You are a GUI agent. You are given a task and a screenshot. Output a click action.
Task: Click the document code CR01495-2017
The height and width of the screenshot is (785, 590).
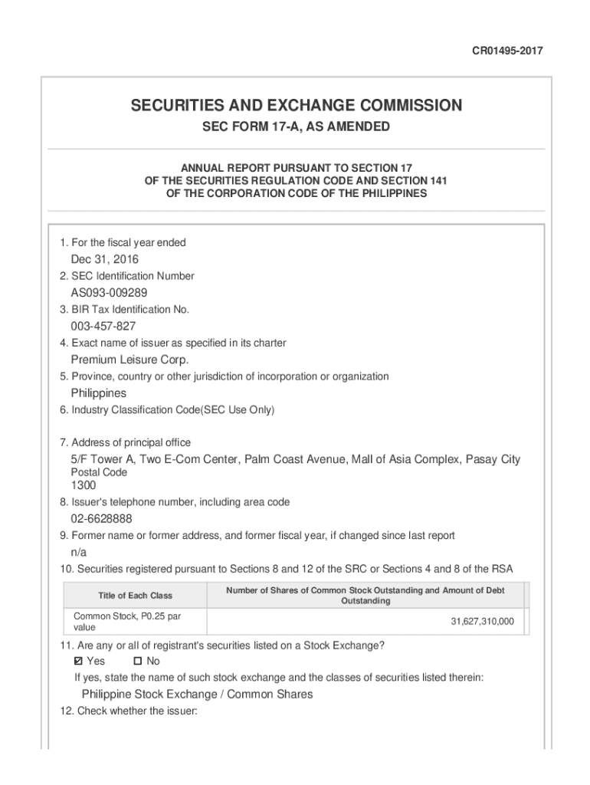point(508,51)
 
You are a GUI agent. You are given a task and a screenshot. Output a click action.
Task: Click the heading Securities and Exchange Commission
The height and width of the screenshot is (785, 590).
point(296,105)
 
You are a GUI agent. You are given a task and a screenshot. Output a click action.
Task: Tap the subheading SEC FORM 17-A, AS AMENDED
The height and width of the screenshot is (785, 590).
point(296,126)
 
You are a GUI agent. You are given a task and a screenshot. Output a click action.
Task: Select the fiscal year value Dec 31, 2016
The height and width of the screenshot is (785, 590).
point(105,259)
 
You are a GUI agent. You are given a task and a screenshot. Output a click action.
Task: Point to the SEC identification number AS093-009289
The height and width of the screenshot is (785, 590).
point(109,293)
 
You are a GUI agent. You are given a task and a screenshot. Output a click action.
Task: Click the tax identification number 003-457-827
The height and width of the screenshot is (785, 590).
point(103,327)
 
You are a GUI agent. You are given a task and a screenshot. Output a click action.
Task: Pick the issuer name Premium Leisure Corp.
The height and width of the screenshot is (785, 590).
point(129,360)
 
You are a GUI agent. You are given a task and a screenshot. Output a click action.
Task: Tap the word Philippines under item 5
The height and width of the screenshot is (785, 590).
point(99,393)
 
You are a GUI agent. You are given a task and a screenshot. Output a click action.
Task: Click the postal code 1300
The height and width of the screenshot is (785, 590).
point(84,485)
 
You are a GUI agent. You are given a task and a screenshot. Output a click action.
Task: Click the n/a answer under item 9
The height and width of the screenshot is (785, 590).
point(79,553)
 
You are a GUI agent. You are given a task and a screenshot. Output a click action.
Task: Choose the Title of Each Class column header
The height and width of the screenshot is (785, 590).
point(135,596)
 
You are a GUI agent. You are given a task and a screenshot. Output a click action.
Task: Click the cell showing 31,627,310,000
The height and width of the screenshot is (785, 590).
point(482,621)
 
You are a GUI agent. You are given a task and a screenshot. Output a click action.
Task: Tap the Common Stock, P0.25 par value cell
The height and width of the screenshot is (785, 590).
point(126,621)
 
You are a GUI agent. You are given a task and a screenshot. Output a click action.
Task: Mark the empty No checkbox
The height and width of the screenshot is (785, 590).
point(138,661)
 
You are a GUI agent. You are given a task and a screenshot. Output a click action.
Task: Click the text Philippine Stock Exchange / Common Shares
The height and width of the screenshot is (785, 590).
point(197,695)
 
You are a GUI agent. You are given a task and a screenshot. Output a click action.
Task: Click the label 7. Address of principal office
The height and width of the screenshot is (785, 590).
point(125,442)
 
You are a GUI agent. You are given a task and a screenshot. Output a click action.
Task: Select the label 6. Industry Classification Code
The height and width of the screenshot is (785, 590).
point(166,410)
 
